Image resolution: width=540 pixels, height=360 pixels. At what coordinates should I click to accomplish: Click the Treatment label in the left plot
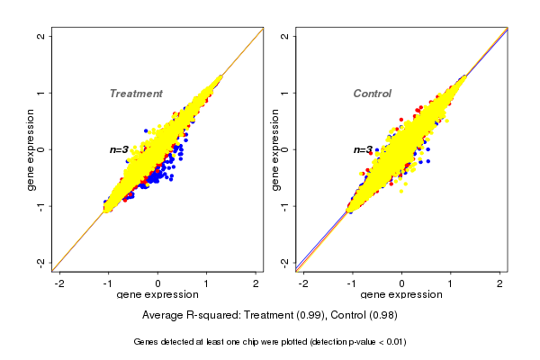pyautogui.click(x=136, y=94)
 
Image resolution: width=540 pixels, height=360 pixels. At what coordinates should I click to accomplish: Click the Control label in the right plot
pyautogui.click(x=372, y=94)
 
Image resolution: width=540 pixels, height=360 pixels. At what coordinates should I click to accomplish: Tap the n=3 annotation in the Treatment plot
pyautogui.click(x=120, y=149)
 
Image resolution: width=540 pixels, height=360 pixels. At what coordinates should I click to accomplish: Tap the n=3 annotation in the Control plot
pyautogui.click(x=363, y=150)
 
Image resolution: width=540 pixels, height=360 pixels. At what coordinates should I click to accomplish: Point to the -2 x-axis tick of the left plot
pyautogui.click(x=60, y=283)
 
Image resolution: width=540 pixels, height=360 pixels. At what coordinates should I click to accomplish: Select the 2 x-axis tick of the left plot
pyautogui.click(x=256, y=283)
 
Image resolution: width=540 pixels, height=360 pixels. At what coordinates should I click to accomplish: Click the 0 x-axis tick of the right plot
pyautogui.click(x=401, y=283)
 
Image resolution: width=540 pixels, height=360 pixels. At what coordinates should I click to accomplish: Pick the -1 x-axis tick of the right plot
pyautogui.click(x=352, y=283)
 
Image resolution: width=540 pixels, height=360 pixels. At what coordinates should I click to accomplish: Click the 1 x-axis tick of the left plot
pyautogui.click(x=207, y=283)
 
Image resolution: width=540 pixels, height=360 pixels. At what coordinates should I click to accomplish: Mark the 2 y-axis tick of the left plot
pyautogui.click(x=41, y=36)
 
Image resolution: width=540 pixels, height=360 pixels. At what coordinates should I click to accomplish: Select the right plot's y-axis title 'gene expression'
pyautogui.click(x=274, y=149)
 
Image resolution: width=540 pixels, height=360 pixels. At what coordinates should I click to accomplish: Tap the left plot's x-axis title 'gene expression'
pyautogui.click(x=157, y=295)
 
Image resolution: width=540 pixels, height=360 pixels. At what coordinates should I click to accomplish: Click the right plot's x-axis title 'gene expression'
pyautogui.click(x=401, y=295)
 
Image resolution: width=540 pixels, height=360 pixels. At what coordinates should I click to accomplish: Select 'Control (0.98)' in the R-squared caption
pyautogui.click(x=364, y=316)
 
